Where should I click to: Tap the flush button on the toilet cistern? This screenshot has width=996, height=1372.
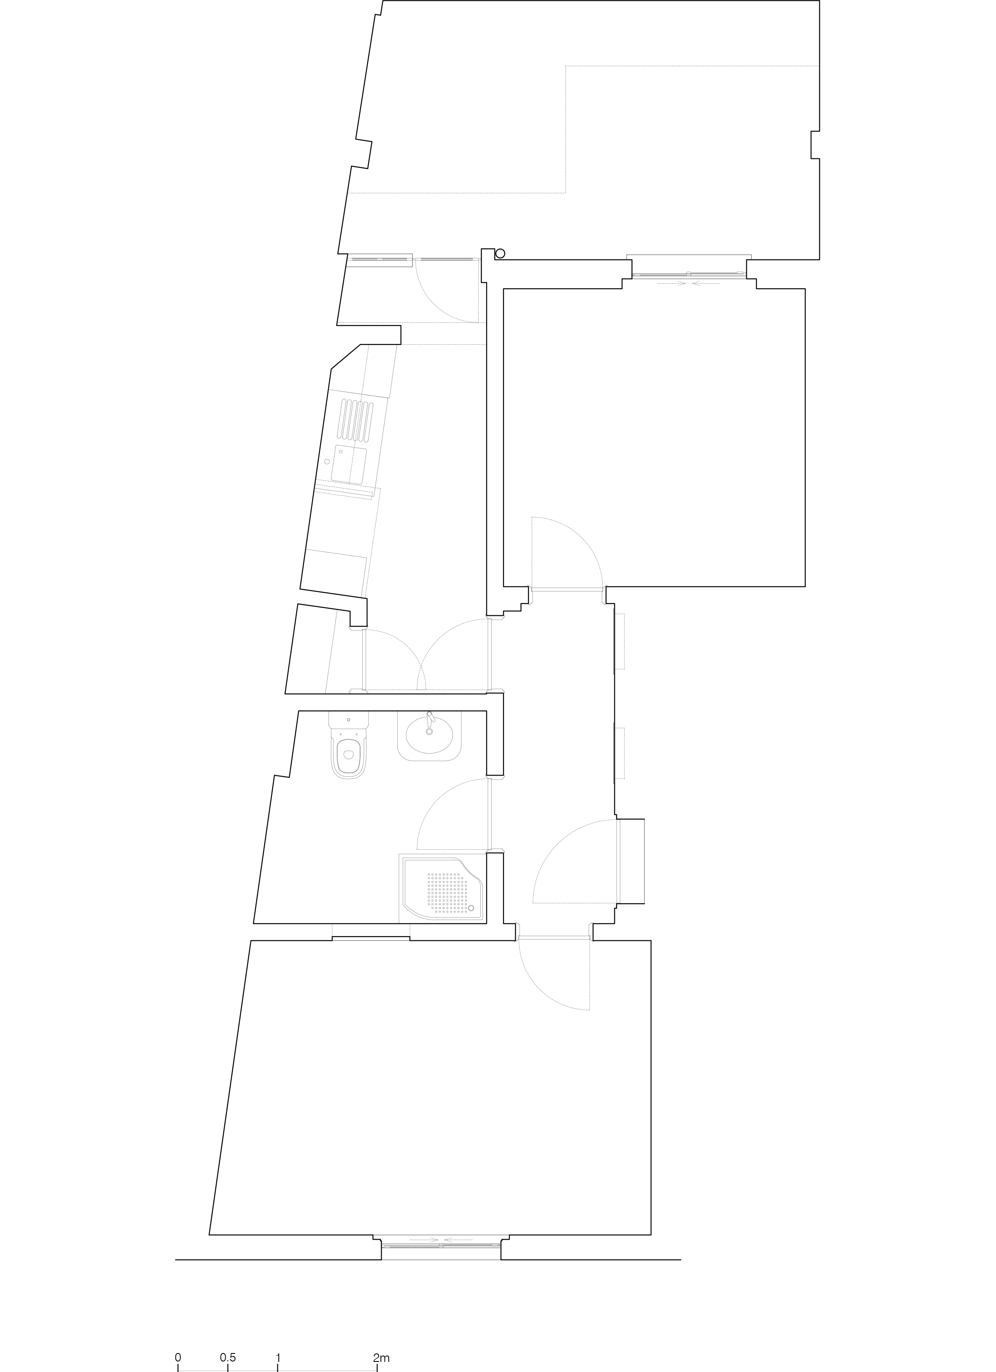tap(349, 720)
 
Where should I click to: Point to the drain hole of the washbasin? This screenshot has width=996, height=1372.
tap(430, 731)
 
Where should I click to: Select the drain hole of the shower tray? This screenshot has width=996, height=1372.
tap(471, 909)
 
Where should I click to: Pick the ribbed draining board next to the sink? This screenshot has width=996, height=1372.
tap(356, 420)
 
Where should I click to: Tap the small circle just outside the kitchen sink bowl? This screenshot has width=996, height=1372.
tap(327, 462)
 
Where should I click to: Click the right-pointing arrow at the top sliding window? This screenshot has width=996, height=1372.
tap(673, 283)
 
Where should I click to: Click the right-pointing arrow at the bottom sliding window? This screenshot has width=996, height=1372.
tap(425, 1240)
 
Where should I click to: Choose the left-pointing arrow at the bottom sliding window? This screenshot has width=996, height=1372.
tap(458, 1240)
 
